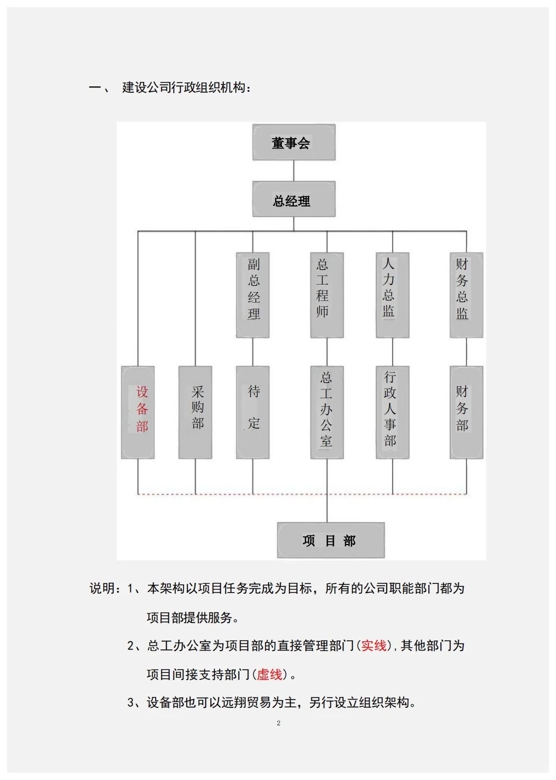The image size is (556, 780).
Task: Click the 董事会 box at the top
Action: click(293, 143)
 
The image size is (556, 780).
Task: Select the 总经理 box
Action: click(293, 200)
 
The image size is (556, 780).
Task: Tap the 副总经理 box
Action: click(253, 294)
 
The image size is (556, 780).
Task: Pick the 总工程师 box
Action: click(327, 294)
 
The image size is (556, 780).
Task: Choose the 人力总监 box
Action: click(392, 294)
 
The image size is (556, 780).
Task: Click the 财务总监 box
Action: click(466, 294)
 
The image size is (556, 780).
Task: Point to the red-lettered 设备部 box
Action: click(138, 412)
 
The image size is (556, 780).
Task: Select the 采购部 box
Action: click(196, 412)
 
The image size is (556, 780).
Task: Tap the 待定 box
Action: click(253, 412)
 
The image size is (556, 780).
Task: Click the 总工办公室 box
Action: click(327, 412)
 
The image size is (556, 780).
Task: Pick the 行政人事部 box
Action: click(392, 412)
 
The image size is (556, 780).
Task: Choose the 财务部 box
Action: click(466, 412)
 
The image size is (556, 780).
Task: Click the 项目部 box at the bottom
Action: click(330, 540)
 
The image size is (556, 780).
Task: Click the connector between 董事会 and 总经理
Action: click(294, 171)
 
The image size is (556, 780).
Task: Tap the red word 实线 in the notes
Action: click(374, 646)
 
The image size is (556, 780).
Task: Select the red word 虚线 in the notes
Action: click(270, 675)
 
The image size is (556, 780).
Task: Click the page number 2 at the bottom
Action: click(279, 723)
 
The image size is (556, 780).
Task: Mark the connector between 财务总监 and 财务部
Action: click(466, 352)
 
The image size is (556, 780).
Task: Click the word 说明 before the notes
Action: click(102, 588)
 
